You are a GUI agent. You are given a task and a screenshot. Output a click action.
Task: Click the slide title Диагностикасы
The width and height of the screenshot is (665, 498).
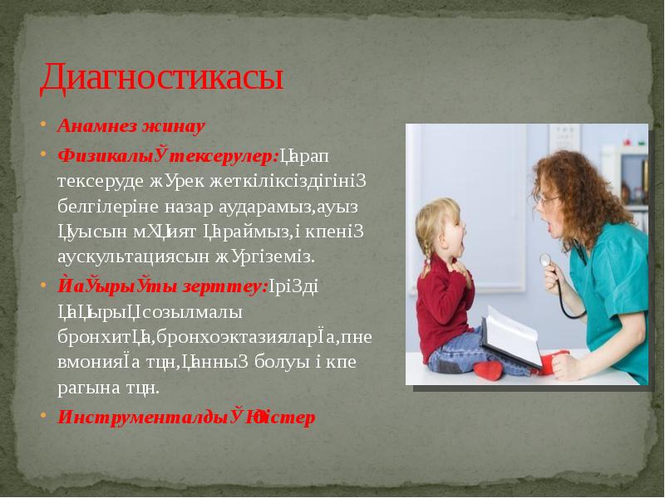[x=162, y=79]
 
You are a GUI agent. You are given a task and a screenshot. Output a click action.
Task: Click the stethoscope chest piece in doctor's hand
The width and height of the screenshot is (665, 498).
[x=545, y=260]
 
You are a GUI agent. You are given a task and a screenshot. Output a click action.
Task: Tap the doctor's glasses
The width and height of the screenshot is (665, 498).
[x=549, y=199]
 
